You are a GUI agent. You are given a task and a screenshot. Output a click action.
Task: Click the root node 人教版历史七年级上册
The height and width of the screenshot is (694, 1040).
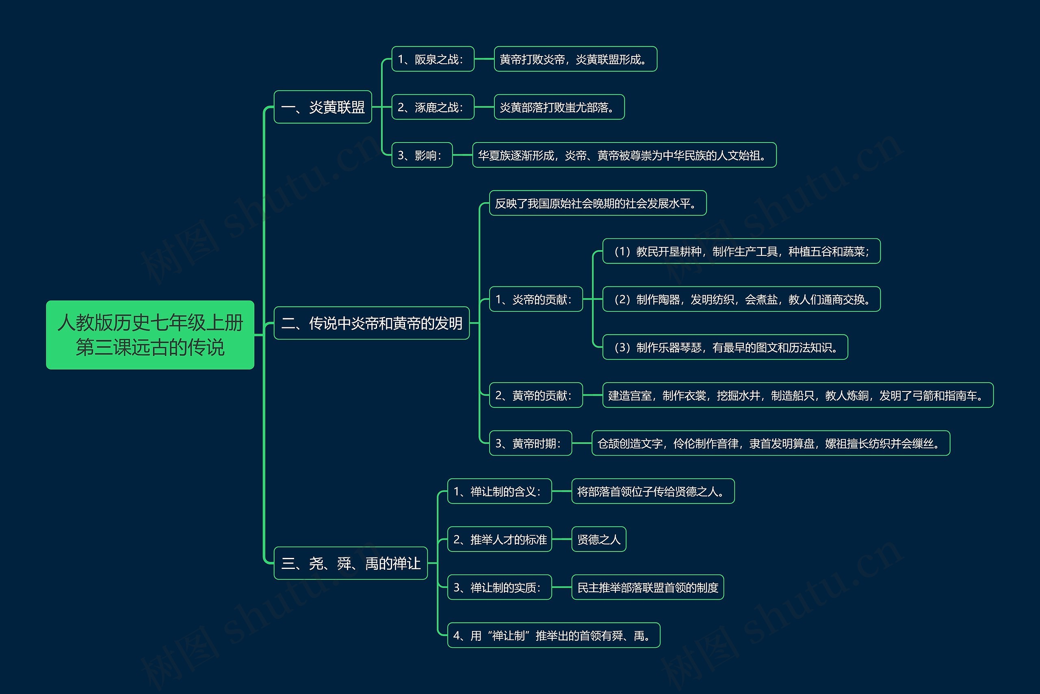(150, 335)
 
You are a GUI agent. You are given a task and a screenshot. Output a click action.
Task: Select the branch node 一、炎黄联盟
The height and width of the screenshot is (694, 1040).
(323, 107)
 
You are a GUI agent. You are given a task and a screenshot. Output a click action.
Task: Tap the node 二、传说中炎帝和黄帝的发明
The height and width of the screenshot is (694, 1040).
(371, 323)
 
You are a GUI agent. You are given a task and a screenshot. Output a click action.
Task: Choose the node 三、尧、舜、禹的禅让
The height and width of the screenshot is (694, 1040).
(351, 563)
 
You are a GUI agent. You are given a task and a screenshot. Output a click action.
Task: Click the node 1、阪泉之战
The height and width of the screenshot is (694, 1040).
(433, 59)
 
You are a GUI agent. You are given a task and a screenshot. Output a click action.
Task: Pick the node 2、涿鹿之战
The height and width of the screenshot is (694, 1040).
(433, 107)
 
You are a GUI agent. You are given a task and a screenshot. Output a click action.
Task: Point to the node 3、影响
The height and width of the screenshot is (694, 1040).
(422, 155)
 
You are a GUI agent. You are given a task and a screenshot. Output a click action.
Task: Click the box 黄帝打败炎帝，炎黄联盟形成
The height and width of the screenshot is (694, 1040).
(575, 59)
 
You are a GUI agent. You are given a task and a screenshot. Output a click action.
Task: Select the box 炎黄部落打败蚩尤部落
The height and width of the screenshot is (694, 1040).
(559, 107)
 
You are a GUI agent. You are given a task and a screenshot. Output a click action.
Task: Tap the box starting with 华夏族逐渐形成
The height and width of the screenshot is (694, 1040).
(624, 155)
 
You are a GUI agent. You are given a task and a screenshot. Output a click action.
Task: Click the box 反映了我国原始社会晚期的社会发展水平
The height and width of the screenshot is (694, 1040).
(598, 203)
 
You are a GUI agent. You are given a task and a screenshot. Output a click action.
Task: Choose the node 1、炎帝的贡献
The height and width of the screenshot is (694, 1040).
(536, 299)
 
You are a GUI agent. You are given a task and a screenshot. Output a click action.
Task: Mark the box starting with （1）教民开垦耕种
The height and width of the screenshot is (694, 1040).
(741, 251)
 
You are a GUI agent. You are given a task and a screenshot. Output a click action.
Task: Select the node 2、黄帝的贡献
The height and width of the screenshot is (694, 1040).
(536, 395)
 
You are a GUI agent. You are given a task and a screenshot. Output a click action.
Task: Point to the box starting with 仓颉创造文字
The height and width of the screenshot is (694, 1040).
(771, 443)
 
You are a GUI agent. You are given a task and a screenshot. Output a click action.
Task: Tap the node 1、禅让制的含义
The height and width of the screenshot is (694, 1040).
(499, 491)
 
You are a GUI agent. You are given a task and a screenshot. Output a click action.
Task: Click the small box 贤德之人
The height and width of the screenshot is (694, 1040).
(598, 539)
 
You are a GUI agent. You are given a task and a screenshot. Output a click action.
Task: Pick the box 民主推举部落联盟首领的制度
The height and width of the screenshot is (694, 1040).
(648, 587)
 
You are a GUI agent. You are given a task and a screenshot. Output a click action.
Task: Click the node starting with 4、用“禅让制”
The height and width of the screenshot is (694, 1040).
(553, 635)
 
